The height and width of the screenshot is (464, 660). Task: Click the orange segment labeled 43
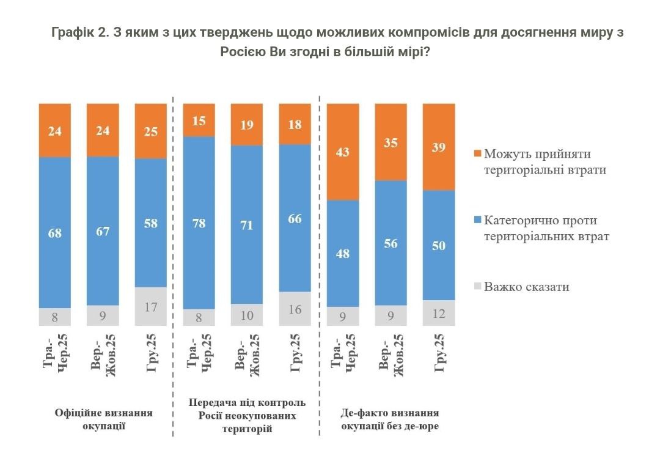(x=343, y=152)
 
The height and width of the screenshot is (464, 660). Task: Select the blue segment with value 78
(x=199, y=223)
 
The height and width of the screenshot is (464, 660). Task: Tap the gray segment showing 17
(x=150, y=306)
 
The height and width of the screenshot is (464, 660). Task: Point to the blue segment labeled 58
(x=150, y=223)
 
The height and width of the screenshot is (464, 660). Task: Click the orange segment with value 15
(x=199, y=120)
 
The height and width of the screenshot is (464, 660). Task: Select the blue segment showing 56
(x=391, y=243)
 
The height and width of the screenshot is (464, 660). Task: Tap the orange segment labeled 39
(x=439, y=147)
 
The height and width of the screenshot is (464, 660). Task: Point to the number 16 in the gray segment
(x=295, y=309)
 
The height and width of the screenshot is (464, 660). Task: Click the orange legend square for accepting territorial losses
(x=478, y=154)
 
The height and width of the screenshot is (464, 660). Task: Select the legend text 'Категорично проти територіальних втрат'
(x=546, y=227)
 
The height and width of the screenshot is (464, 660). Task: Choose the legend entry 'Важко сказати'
(x=526, y=286)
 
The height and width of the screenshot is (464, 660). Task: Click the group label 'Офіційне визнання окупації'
(x=103, y=419)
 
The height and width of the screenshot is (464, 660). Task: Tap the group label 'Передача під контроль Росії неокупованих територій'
(x=247, y=416)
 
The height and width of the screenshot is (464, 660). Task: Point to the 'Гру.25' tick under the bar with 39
(x=439, y=354)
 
